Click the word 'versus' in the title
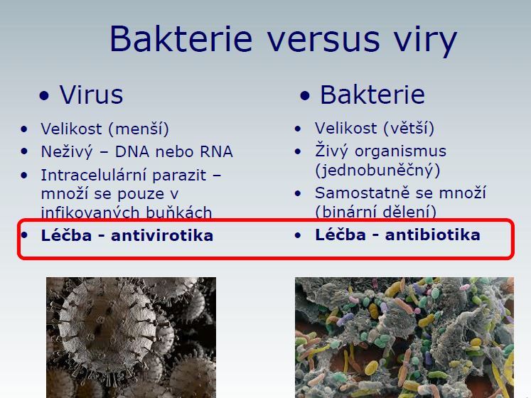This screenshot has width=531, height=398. tap(323, 39)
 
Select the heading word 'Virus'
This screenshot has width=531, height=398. tap(92, 95)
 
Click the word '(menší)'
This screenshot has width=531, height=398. tap(139, 129)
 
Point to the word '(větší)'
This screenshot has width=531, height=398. tap(408, 129)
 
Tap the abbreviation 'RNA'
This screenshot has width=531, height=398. tap(216, 152)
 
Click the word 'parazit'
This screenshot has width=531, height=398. tap(179, 176)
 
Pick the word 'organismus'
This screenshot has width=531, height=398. tap(400, 152)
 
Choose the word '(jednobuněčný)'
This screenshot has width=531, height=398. tap(377, 171)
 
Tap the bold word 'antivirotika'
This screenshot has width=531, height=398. tap(162, 236)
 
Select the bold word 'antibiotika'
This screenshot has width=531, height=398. tap(432, 235)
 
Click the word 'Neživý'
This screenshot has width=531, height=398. tap(66, 152)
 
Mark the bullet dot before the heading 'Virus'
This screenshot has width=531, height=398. tap(44, 95)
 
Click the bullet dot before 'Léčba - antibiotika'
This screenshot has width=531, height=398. tap(298, 235)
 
